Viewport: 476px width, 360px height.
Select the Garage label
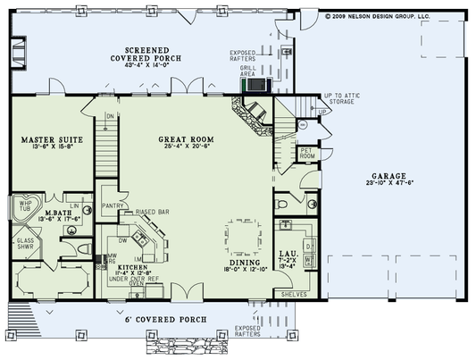click(391, 176)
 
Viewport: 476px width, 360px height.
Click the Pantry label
click(112, 205)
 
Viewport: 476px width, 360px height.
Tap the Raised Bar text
click(153, 213)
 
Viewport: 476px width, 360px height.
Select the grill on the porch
click(256, 85)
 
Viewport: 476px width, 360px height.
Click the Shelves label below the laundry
click(293, 293)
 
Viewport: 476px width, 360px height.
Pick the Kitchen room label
click(127, 266)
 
